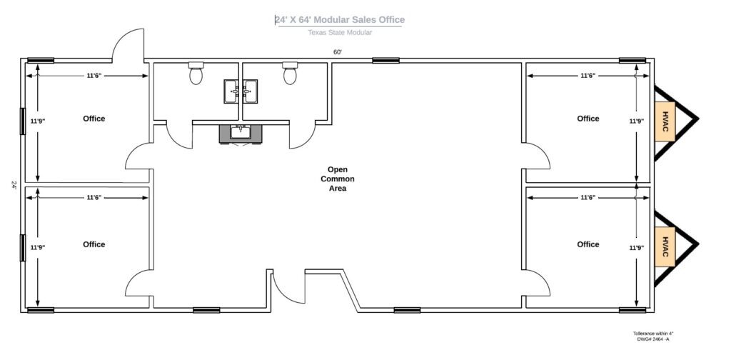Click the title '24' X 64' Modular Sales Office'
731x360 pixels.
[339, 20]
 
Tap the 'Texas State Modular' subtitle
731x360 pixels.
[340, 32]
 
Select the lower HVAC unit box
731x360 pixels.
[665, 246]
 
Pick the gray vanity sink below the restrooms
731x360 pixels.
[241, 133]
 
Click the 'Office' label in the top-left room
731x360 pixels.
[94, 119]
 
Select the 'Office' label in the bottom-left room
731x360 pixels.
[94, 244]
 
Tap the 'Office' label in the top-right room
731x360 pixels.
[588, 119]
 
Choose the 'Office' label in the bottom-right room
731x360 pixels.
[588, 244]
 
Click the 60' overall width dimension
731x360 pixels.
[338, 52]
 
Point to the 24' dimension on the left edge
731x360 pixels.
[14, 184]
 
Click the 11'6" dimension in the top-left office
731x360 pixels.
[94, 75]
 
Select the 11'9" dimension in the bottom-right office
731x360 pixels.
[635, 247]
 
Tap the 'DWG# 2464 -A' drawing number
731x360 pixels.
[652, 339]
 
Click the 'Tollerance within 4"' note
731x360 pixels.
[652, 334]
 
